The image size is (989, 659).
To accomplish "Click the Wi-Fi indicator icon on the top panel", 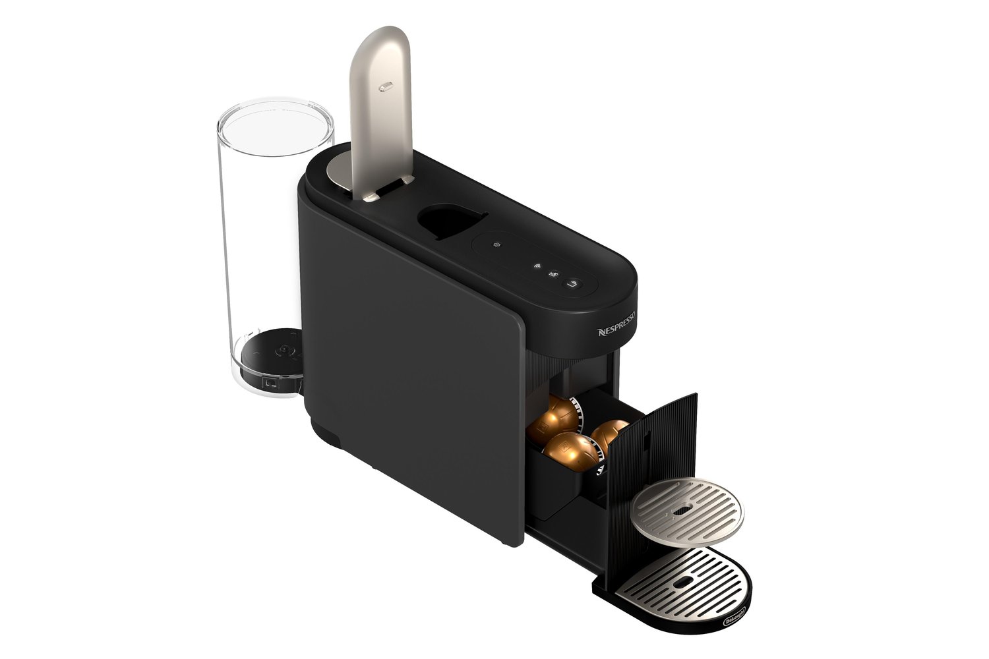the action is tap(537, 266).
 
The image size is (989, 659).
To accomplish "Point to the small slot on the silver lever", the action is tap(386, 86).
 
